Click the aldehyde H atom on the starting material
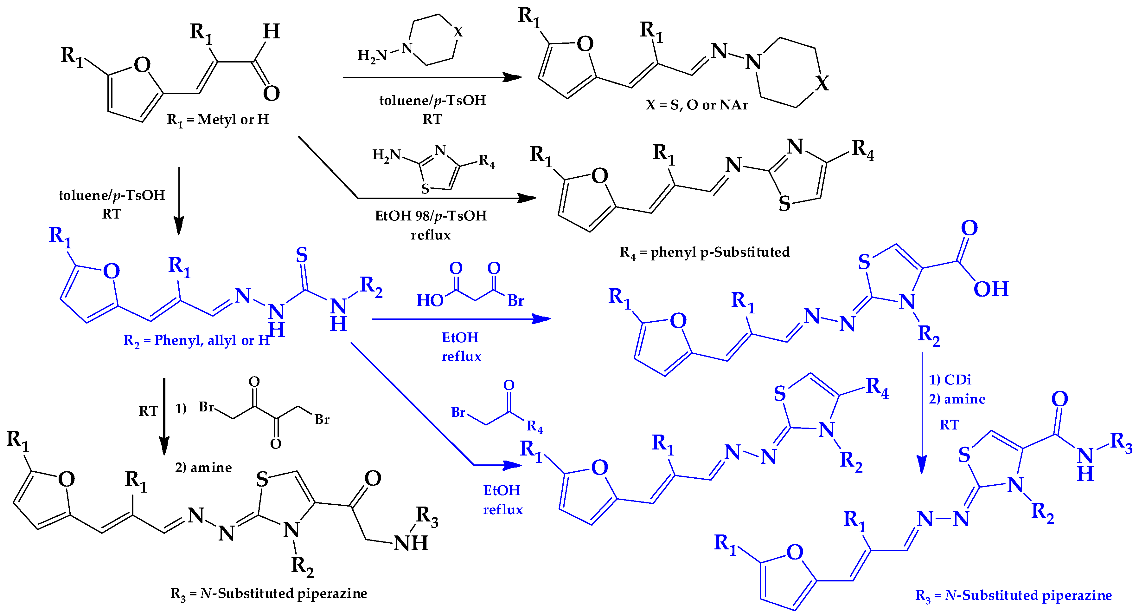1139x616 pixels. click(272, 32)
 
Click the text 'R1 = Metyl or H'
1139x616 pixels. click(218, 120)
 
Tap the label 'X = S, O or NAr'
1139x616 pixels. click(697, 105)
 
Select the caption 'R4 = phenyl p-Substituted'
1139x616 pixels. click(704, 252)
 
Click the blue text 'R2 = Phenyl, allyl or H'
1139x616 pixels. click(196, 340)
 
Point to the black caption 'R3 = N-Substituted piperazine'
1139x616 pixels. click(268, 593)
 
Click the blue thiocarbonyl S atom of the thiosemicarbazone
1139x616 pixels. click(302, 255)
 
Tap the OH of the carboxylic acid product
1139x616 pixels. click(991, 289)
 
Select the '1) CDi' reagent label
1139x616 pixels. click(950, 380)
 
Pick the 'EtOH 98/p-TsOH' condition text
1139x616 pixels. click(431, 216)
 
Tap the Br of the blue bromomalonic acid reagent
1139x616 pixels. click(515, 301)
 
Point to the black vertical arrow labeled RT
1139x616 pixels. click(164, 416)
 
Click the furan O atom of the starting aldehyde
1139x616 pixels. click(142, 65)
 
